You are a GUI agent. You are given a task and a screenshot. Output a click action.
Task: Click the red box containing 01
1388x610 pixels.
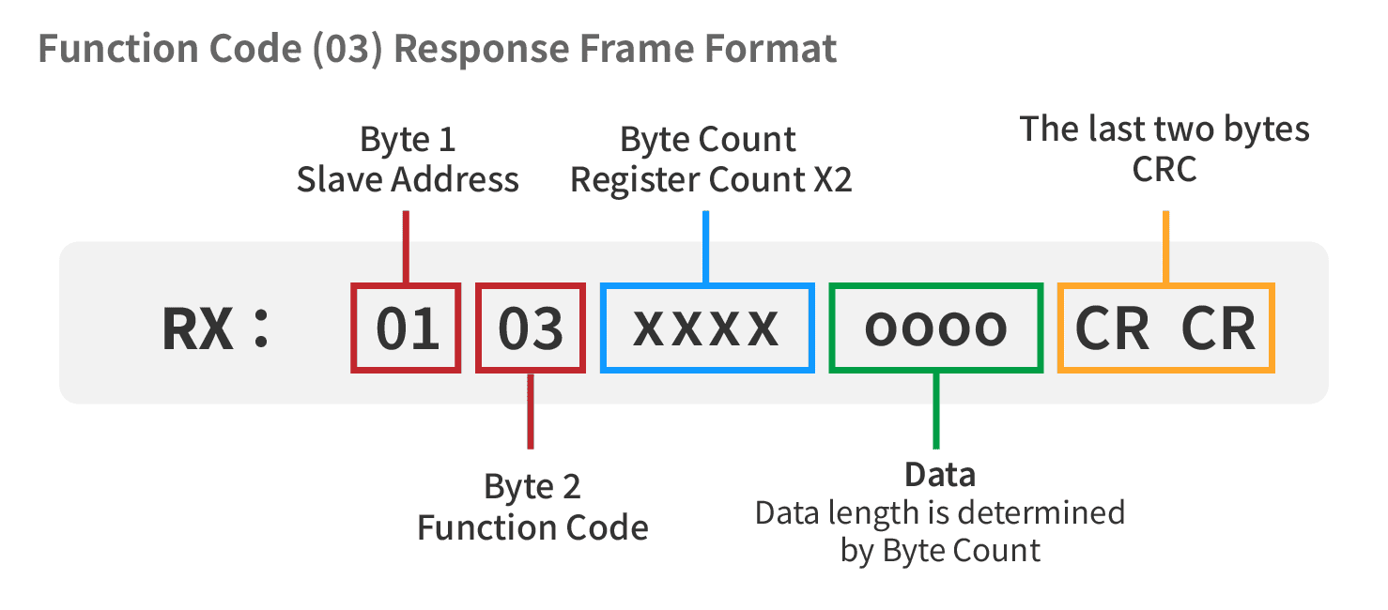click(x=352, y=328)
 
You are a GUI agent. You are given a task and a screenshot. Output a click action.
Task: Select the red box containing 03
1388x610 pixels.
click(x=478, y=328)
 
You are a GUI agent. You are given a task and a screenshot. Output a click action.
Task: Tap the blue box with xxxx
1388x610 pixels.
click(x=603, y=328)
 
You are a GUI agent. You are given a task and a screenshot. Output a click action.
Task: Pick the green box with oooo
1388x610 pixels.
click(x=832, y=328)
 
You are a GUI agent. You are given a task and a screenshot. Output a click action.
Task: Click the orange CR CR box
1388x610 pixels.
click(x=1060, y=328)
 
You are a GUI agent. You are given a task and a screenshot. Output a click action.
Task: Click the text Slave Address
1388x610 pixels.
click(x=408, y=180)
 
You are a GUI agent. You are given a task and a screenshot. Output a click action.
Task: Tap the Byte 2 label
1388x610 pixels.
click(x=532, y=487)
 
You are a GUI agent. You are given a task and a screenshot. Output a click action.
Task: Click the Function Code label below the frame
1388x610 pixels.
click(x=532, y=527)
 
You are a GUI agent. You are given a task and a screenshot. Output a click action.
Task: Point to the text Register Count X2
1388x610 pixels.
click(x=711, y=180)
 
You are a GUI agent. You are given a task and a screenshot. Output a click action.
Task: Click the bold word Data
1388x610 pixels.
click(x=940, y=475)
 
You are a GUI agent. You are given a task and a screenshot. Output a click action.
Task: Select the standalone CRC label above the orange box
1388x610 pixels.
click(x=1164, y=169)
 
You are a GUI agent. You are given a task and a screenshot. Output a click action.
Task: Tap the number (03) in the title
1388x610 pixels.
click(x=347, y=49)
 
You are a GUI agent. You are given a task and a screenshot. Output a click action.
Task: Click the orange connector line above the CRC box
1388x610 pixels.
click(x=1165, y=247)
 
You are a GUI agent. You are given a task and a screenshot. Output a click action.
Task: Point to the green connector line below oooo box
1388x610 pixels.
click(x=936, y=411)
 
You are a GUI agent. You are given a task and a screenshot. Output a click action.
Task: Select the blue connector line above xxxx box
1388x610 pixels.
click(x=706, y=247)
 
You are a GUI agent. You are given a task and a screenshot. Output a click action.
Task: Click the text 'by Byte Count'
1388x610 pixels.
click(x=940, y=551)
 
